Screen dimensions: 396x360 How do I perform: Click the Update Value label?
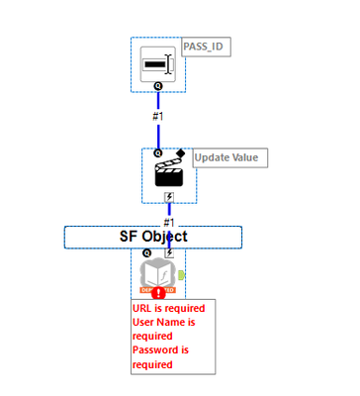pos(228,157)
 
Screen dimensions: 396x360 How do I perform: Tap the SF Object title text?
pos(153,237)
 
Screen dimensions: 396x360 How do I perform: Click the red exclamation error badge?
pos(159,292)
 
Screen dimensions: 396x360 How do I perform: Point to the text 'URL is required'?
pos(170,309)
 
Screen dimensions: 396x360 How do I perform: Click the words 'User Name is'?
pos(168,322)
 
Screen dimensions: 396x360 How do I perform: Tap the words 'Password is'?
pos(166,350)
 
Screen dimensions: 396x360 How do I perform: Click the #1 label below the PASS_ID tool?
pos(158,116)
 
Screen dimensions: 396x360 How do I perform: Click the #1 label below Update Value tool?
pos(169,222)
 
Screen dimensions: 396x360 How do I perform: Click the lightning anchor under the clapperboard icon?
pos(170,196)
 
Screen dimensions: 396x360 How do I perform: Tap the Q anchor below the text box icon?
pos(158,87)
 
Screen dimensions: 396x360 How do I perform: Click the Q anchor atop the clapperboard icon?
pos(158,153)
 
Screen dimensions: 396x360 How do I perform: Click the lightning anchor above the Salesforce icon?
pos(169,252)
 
